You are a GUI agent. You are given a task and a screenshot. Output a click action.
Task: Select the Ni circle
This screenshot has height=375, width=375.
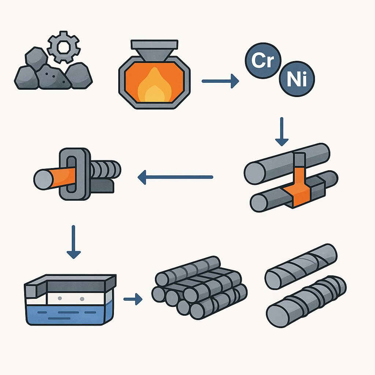[297, 79]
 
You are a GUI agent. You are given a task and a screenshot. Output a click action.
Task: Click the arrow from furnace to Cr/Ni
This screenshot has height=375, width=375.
[220, 81]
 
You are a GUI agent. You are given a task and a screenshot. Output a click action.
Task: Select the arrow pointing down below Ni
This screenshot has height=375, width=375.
[281, 132]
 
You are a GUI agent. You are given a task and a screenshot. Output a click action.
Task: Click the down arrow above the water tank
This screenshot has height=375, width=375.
[74, 242]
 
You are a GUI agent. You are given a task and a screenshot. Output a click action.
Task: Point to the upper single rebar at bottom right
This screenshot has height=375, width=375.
[301, 266]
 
